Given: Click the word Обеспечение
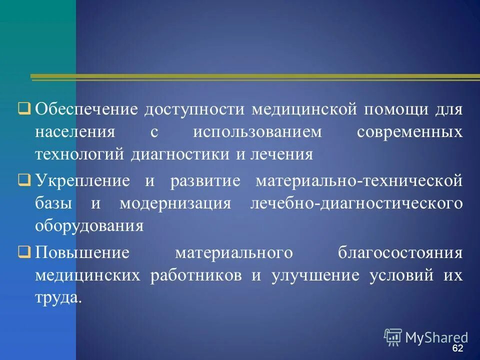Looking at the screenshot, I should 86,109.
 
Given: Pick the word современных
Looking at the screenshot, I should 409,132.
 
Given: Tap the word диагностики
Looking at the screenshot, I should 180,154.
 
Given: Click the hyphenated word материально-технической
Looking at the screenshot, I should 359,180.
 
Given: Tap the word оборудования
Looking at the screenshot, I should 89,226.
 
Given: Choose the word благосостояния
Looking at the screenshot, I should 400,252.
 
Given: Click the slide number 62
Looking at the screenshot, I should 457,348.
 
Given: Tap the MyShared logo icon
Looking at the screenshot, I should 393,337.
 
